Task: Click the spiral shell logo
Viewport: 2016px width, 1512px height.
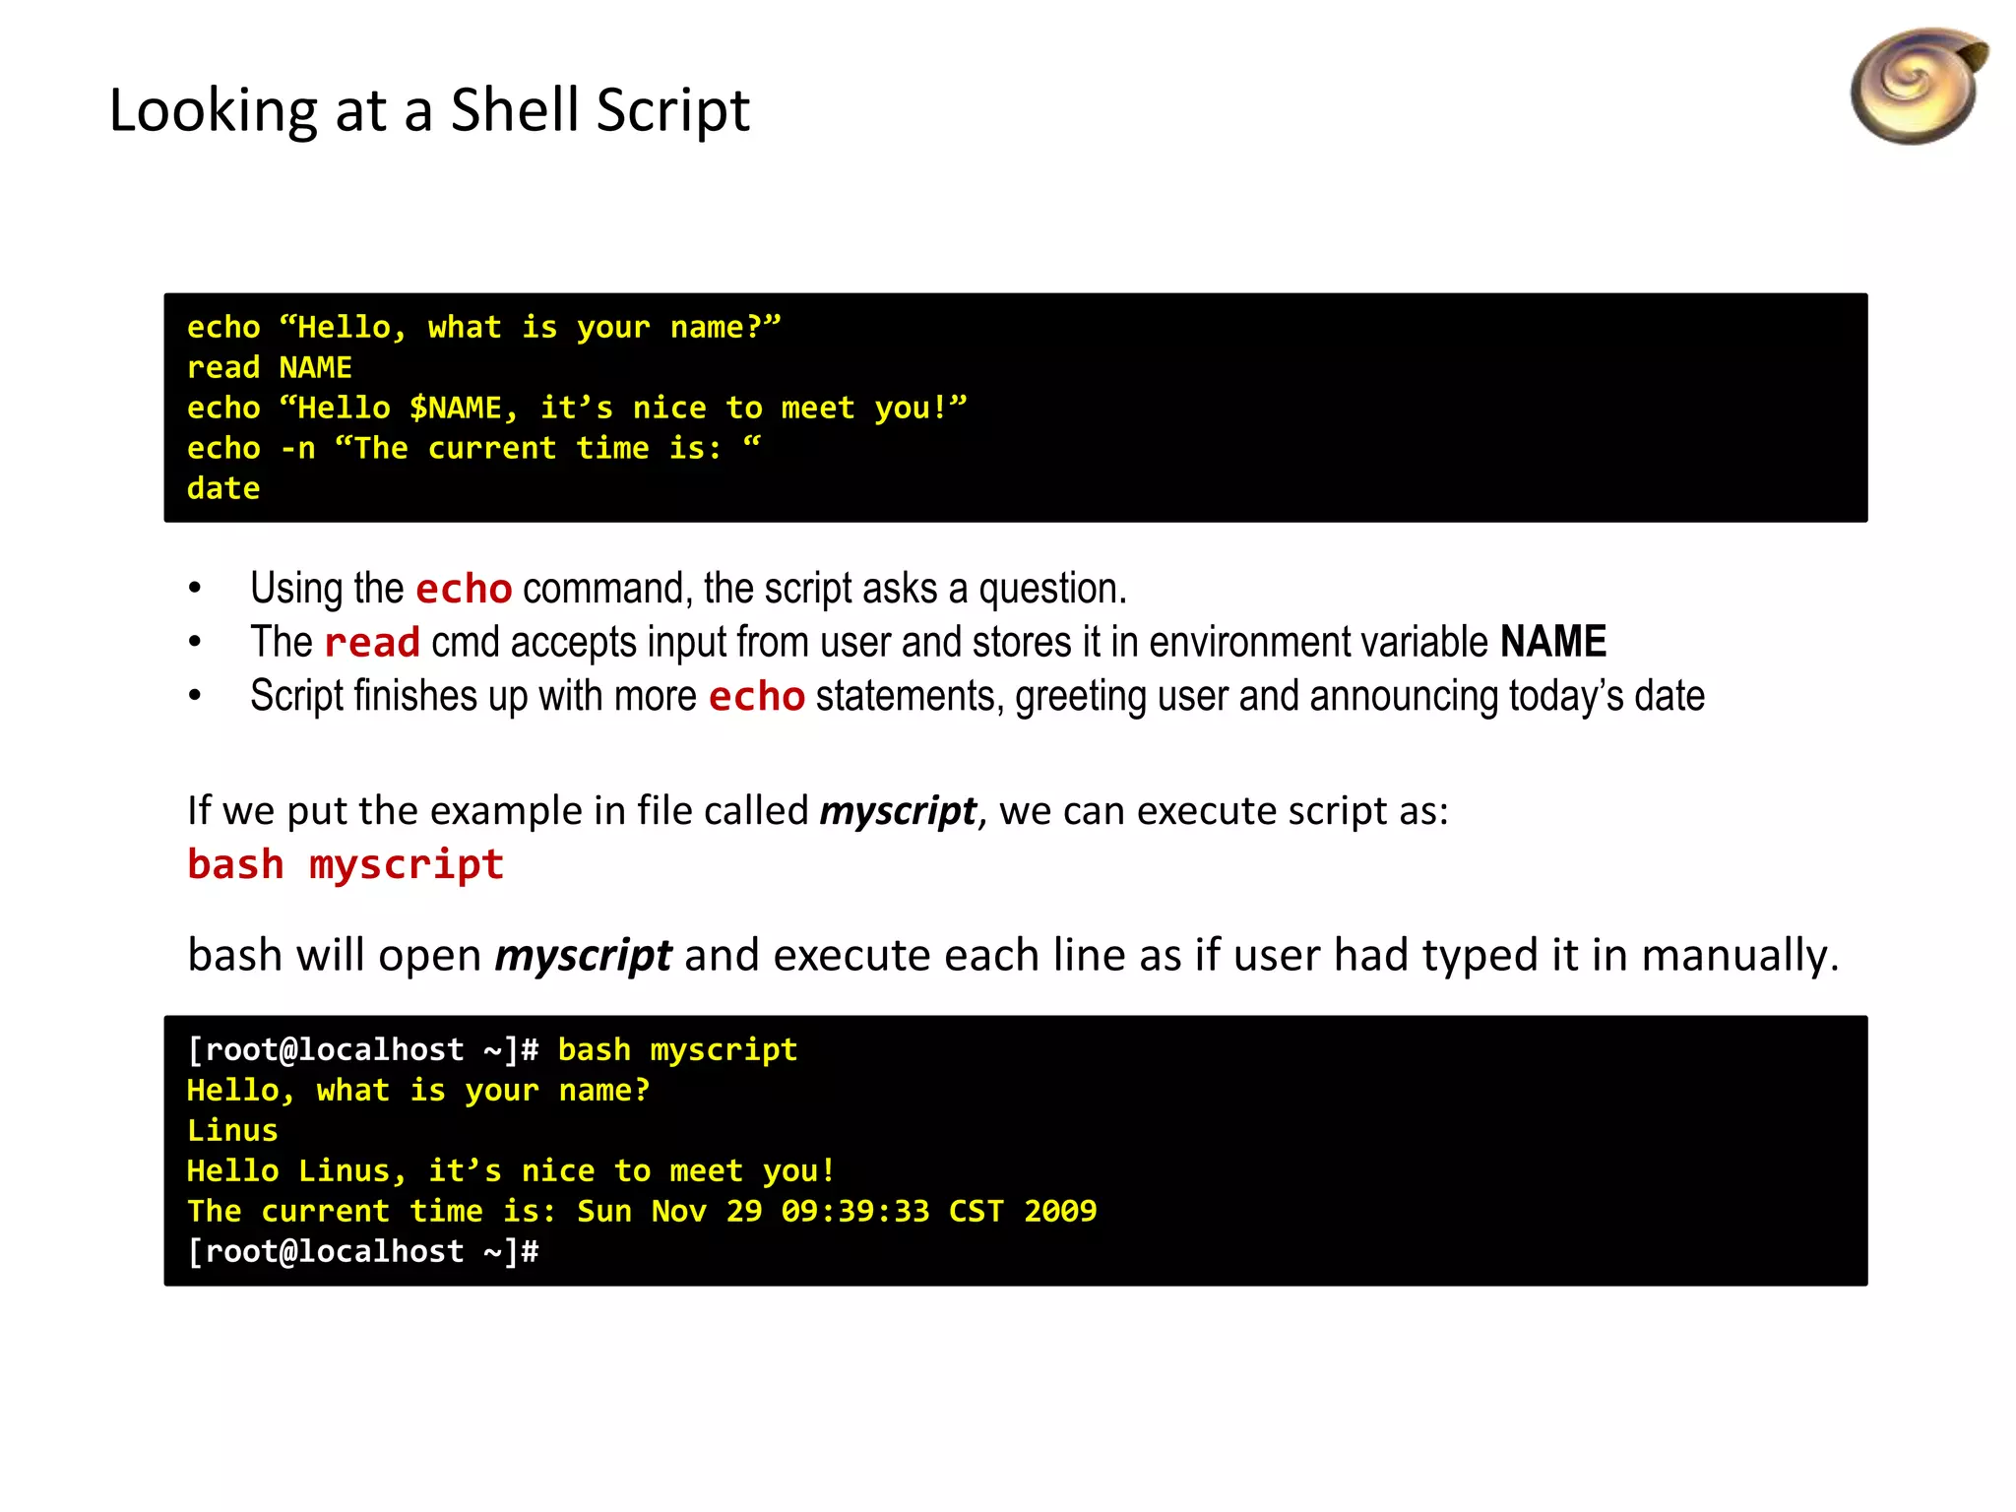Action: (x=1918, y=87)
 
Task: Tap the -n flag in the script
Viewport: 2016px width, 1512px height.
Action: (x=298, y=449)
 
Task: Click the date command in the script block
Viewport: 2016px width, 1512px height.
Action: (x=223, y=489)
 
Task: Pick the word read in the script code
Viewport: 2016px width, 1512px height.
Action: (x=223, y=368)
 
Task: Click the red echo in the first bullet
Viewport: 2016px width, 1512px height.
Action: (x=464, y=589)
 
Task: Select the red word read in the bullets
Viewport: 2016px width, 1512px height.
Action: (x=372, y=643)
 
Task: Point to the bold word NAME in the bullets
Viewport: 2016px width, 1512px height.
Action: (x=1552, y=642)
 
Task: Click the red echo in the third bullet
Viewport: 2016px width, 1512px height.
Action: (x=757, y=697)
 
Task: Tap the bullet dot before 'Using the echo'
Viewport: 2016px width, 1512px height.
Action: (x=195, y=589)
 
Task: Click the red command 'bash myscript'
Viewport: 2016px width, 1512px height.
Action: (x=346, y=864)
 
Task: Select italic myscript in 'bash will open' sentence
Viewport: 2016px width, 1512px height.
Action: (x=583, y=956)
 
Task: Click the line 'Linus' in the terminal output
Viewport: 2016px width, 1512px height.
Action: (x=232, y=1131)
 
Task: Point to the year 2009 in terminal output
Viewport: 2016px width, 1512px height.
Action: (x=1060, y=1212)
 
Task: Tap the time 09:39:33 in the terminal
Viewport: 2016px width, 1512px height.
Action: (x=854, y=1212)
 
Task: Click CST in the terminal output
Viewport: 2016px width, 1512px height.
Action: (x=976, y=1212)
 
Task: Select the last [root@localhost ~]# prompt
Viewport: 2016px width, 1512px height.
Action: (x=363, y=1252)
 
